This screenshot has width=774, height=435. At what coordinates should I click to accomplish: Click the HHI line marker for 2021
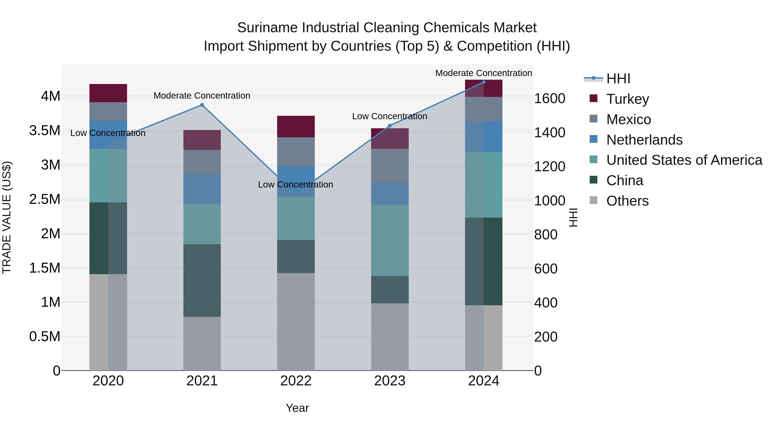point(202,105)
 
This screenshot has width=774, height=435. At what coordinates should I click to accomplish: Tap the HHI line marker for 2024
point(484,82)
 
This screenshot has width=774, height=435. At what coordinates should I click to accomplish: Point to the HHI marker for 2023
point(390,126)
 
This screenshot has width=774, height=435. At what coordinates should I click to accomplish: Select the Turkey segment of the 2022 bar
point(296,126)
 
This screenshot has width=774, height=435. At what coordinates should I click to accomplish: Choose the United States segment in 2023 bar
point(390,240)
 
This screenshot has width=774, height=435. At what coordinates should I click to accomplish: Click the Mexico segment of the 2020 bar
point(108,111)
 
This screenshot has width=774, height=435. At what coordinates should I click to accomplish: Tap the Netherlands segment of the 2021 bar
point(202,189)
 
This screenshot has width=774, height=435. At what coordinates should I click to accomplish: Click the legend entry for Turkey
point(627,99)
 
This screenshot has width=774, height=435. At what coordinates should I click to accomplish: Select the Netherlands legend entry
point(644,140)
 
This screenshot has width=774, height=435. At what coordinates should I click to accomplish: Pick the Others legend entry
point(627,201)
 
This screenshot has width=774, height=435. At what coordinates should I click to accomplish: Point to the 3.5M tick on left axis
point(45,131)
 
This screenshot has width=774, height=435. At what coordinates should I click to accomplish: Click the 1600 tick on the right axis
point(550,98)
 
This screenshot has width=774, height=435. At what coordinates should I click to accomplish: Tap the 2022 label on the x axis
point(296,381)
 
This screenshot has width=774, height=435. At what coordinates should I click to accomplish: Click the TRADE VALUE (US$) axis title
point(7,217)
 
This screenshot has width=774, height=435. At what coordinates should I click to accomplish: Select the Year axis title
point(297,408)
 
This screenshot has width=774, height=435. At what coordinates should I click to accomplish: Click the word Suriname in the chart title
point(268,28)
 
